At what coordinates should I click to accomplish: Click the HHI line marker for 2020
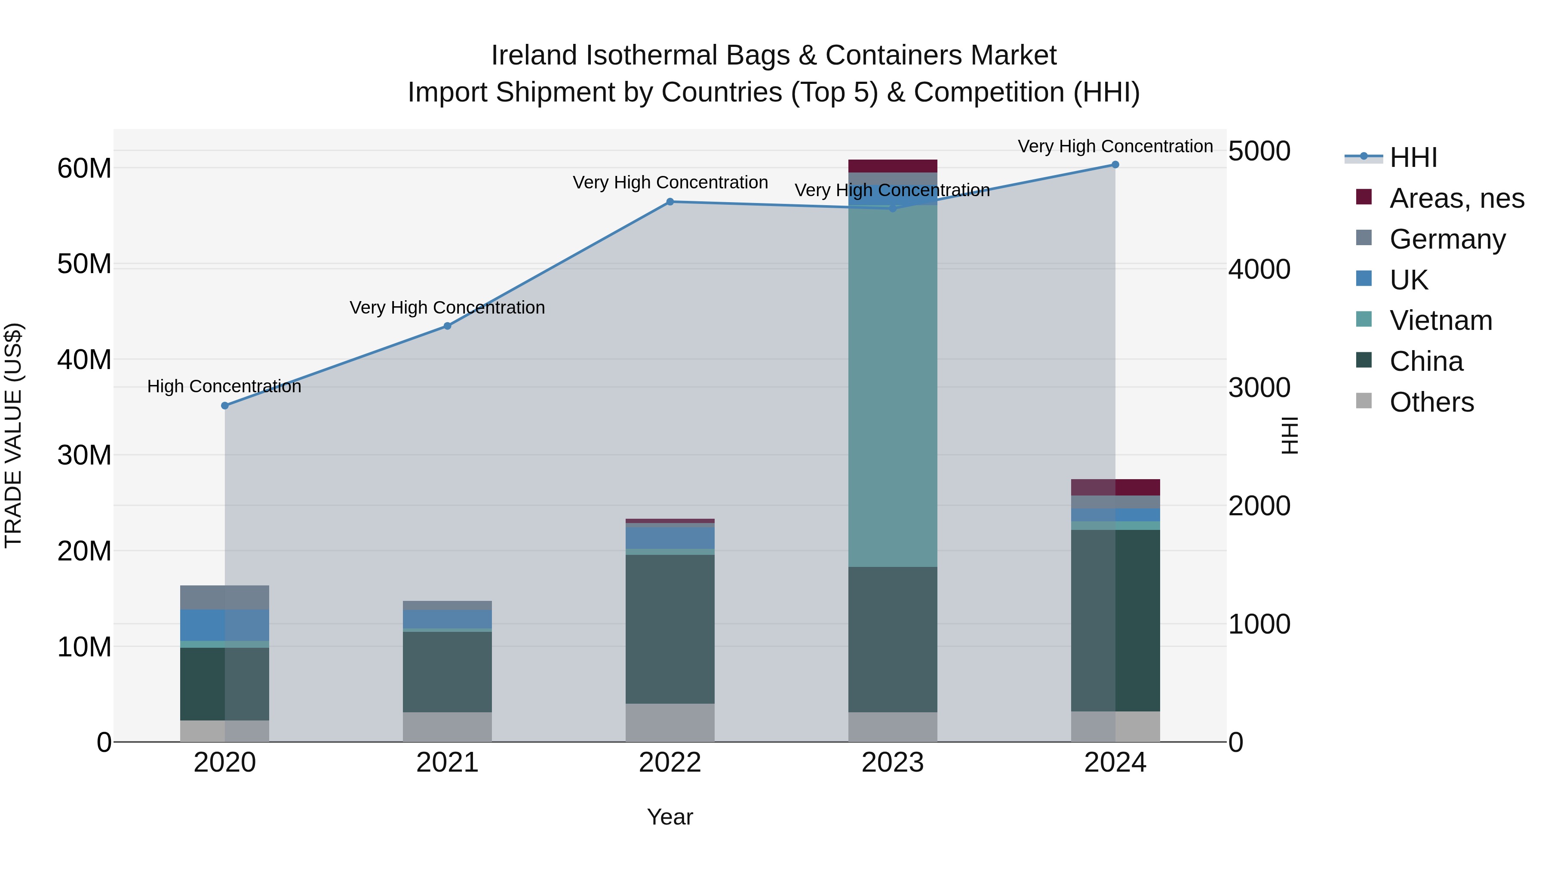pos(225,406)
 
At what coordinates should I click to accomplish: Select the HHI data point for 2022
pos(670,202)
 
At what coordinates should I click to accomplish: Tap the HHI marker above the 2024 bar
pos(1115,165)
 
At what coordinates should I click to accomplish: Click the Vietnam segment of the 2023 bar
pos(892,385)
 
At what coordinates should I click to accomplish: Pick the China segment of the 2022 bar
pos(670,628)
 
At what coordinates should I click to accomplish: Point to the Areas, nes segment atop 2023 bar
pos(892,166)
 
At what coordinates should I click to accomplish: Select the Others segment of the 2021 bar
pos(447,727)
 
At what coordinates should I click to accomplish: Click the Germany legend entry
pos(1447,239)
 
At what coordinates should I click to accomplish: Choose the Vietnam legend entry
pos(1440,320)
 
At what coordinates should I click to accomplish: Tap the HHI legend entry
pos(1413,157)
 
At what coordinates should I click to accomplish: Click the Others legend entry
pos(1431,402)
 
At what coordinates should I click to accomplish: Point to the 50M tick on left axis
pos(84,264)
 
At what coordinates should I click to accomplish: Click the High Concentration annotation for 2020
pos(224,387)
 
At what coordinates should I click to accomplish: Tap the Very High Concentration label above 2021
pos(447,308)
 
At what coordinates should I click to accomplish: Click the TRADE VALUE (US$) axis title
pos(13,436)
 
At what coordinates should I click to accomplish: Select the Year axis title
pos(670,817)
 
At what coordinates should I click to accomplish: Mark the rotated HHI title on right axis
pos(1290,436)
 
